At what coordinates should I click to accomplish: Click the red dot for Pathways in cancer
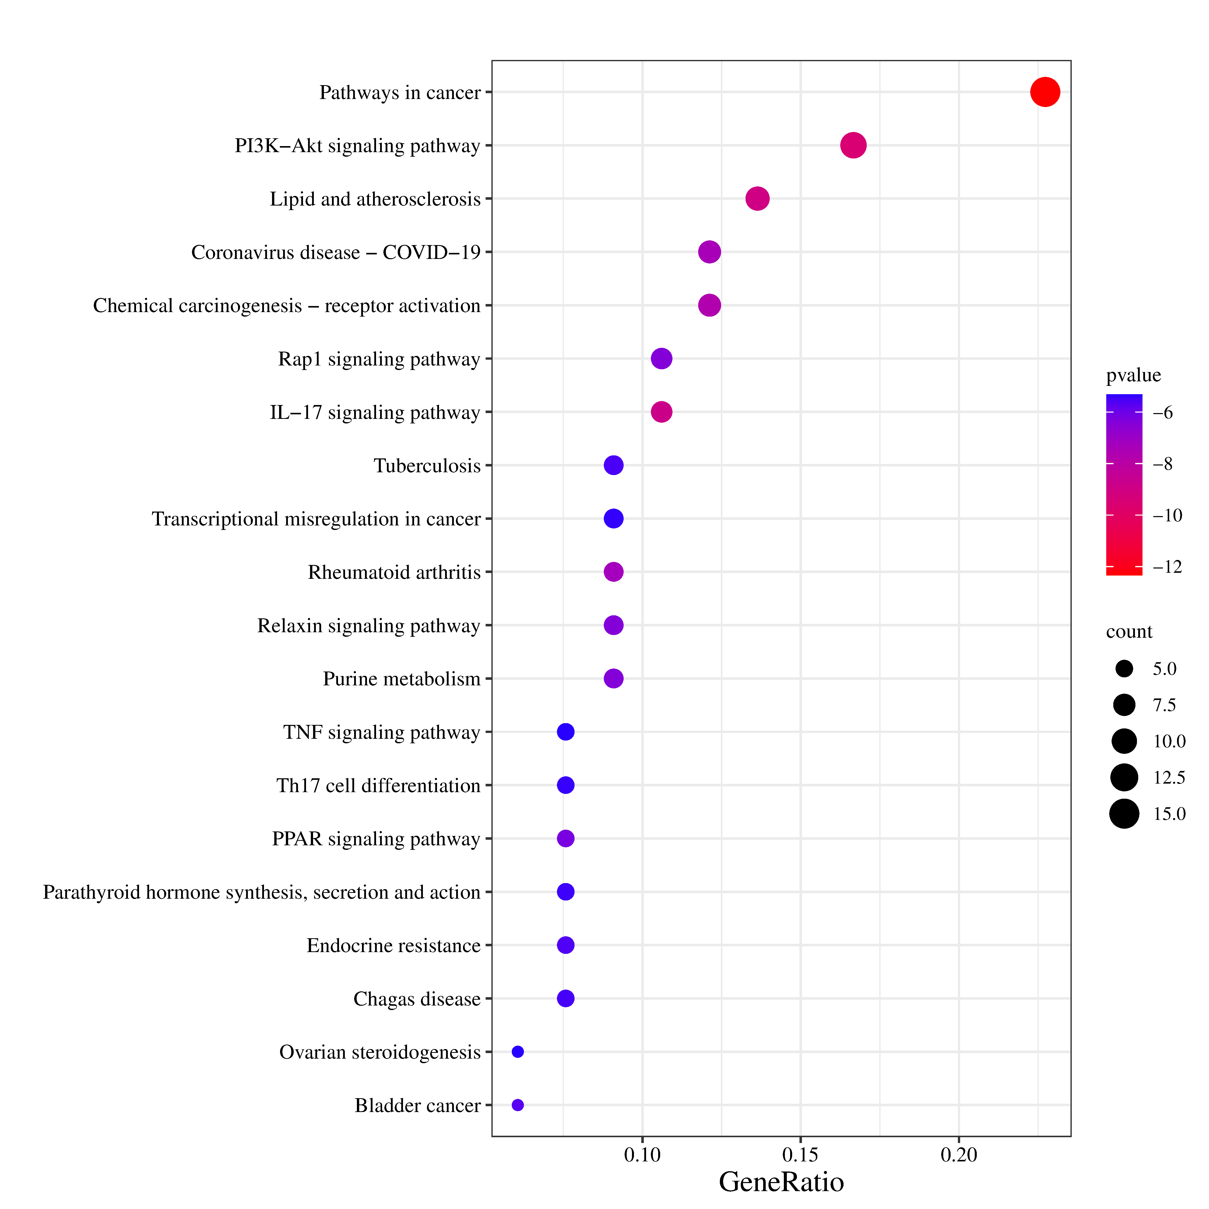(1045, 92)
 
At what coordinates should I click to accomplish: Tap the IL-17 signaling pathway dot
(661, 412)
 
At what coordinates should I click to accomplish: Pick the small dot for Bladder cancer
(518, 1105)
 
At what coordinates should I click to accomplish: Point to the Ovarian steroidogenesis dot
(518, 1052)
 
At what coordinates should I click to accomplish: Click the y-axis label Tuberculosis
(427, 465)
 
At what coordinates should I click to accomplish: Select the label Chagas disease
(417, 999)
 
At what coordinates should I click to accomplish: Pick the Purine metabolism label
(402, 679)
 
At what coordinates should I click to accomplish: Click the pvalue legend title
(1133, 376)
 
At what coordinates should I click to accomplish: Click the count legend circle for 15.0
(1125, 814)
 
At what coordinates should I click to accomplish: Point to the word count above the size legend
(1129, 632)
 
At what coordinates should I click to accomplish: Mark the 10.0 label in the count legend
(1169, 742)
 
